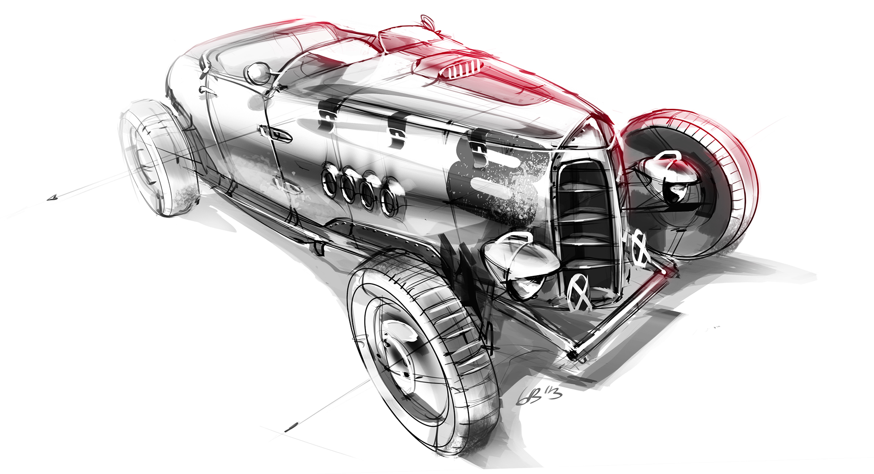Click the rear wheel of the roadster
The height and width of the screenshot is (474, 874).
157,157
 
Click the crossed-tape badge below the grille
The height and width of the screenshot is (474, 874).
579,291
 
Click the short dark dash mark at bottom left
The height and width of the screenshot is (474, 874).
291,427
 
